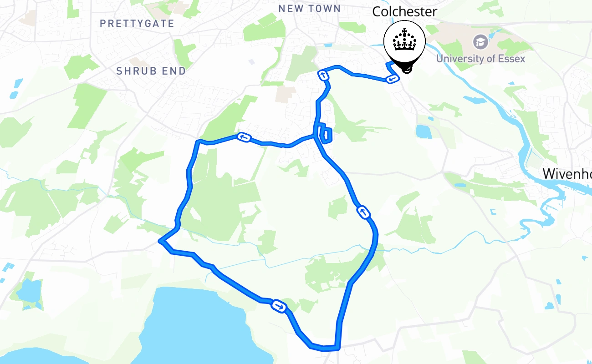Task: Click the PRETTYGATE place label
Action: [x=137, y=23]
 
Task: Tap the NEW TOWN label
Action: [x=310, y=9]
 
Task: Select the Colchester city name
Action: [x=404, y=12]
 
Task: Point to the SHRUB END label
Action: [x=151, y=71]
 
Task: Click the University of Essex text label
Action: [x=480, y=59]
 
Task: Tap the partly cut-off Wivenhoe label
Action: [x=567, y=173]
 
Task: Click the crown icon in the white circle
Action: [x=404, y=42]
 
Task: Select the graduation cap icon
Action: [x=480, y=42]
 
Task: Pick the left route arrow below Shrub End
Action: [x=243, y=137]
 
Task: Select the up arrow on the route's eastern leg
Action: [x=363, y=212]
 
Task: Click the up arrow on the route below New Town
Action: [x=323, y=76]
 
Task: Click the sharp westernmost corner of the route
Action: [x=159, y=241]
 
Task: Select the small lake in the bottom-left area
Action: [x=28, y=291]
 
